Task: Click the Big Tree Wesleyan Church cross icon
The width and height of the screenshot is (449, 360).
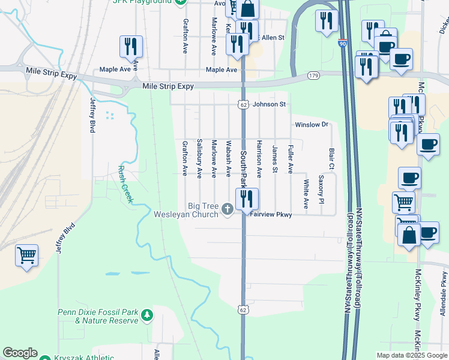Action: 227,209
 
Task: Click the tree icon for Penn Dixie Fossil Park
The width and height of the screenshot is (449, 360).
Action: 146,315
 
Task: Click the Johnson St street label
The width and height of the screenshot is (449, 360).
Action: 269,104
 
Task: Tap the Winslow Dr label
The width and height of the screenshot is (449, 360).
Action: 312,125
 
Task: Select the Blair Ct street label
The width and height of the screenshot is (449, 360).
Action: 331,158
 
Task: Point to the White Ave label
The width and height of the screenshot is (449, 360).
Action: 306,193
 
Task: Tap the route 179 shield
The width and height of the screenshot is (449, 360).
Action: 313,76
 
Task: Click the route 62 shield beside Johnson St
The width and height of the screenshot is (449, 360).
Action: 243,104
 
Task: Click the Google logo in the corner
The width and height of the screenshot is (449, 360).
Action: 20,353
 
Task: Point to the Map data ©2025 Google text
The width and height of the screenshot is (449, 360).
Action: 411,355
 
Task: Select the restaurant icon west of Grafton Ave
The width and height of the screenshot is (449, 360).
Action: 131,47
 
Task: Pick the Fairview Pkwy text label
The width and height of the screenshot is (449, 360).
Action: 271,214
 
